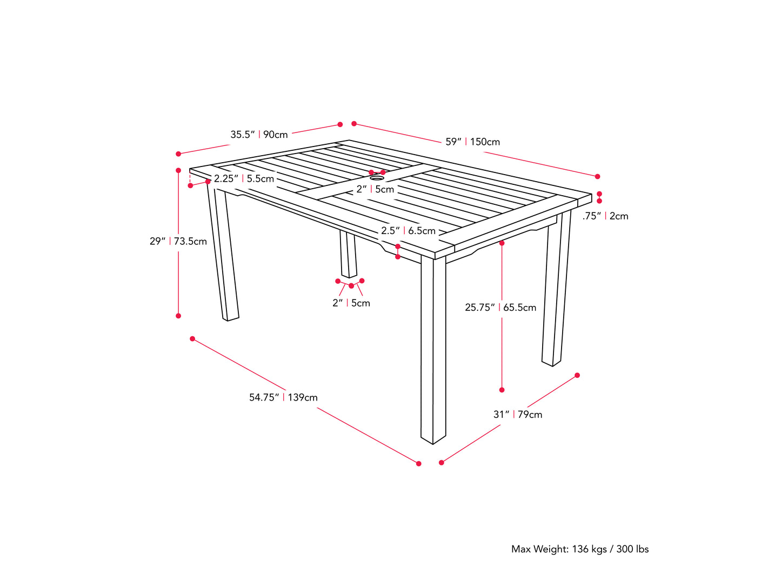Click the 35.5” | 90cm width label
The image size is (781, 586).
pyautogui.click(x=259, y=135)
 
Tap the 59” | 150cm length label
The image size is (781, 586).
pyautogui.click(x=472, y=142)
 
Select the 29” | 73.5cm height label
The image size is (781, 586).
pyautogui.click(x=178, y=242)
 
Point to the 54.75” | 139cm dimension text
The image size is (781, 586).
pyautogui.click(x=283, y=398)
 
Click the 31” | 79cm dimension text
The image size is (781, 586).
pyautogui.click(x=517, y=415)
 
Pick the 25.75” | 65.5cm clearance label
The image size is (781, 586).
pyautogui.click(x=500, y=308)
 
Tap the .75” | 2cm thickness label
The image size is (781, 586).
pyautogui.click(x=605, y=216)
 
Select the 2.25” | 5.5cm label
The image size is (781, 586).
pyautogui.click(x=244, y=179)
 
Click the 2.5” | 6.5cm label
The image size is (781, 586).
pyautogui.click(x=408, y=231)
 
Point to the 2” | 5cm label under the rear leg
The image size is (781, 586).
pyautogui.click(x=351, y=303)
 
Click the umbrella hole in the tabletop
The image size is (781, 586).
pyautogui.click(x=377, y=177)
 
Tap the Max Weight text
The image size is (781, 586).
pyautogui.click(x=580, y=549)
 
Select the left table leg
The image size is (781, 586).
pyautogui.click(x=223, y=254)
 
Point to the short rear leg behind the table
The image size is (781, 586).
pyautogui.click(x=348, y=254)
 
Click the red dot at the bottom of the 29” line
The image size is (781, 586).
pyautogui.click(x=178, y=316)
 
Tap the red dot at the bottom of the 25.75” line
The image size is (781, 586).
pyautogui.click(x=502, y=390)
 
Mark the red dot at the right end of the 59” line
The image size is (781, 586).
pyautogui.click(x=597, y=177)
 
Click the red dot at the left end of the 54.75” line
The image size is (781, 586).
pyautogui.click(x=192, y=339)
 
